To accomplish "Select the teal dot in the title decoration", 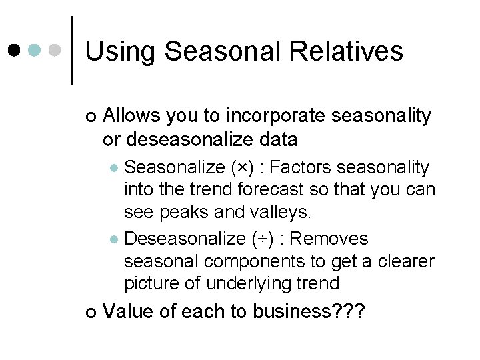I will [x=35, y=50].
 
